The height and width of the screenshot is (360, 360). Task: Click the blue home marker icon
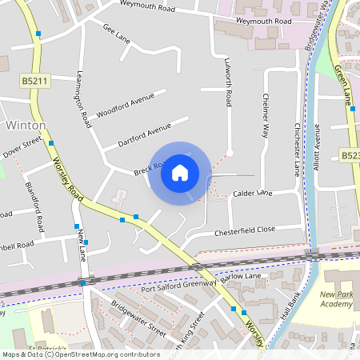click(180, 172)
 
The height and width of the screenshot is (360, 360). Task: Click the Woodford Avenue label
click(125, 105)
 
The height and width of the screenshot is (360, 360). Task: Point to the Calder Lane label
click(253, 194)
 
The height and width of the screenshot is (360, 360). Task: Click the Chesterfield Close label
click(245, 230)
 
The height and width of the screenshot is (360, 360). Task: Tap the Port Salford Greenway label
click(179, 287)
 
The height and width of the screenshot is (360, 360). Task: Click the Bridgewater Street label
click(139, 319)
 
